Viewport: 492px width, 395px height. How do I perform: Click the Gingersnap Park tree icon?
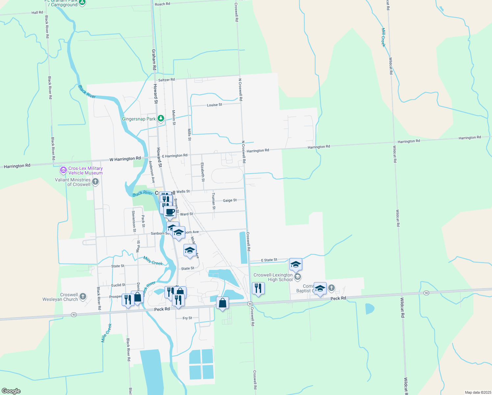pos(160,118)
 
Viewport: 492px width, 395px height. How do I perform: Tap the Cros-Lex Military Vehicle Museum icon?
pos(63,171)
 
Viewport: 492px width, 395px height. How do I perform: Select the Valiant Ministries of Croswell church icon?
pos(95,182)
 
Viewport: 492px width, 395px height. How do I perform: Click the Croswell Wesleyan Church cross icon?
pos(83,297)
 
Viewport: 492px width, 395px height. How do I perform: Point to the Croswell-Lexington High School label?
pos(273,277)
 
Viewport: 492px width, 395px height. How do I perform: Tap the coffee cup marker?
pos(170,212)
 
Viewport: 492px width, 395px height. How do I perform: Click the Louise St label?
pos(214,105)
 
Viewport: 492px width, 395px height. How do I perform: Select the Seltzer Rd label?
pos(166,80)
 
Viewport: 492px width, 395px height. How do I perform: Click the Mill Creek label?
pos(383,38)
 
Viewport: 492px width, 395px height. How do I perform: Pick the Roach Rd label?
pos(162,4)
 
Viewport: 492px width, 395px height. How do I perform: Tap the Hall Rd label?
pos(37,13)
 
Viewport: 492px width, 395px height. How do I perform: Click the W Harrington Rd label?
pos(125,159)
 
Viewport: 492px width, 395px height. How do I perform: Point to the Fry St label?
pos(187,318)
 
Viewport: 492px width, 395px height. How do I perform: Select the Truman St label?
pos(213,201)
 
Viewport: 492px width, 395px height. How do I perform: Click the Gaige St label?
pos(230,200)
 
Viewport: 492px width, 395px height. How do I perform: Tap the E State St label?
pos(269,260)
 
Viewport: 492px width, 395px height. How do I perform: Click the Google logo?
pos(11,391)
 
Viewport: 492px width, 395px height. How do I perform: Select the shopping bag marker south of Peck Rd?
pos(223,303)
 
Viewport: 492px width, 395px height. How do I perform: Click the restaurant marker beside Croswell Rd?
pos(258,288)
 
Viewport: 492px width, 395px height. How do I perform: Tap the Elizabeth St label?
pos(203,172)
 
